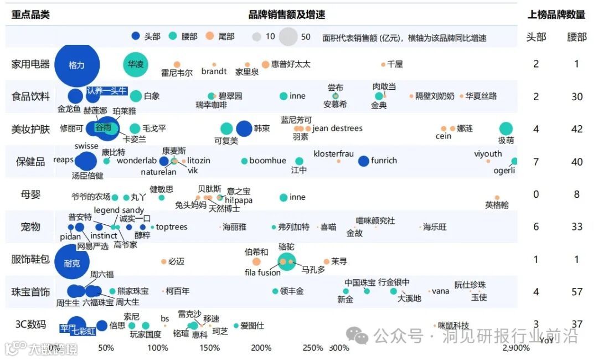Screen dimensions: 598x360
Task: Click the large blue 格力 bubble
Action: click(x=76, y=65)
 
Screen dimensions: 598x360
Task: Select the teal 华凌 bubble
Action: click(x=136, y=64)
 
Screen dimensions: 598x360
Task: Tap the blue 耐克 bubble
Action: click(x=71, y=263)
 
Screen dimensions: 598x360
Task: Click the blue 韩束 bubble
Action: click(x=244, y=128)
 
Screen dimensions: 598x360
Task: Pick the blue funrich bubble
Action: click(x=363, y=161)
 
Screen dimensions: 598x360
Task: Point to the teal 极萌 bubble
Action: click(x=506, y=128)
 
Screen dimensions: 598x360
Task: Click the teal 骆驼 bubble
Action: click(x=286, y=261)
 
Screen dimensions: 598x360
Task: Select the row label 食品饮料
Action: click(x=30, y=96)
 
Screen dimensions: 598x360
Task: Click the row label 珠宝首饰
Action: click(x=30, y=292)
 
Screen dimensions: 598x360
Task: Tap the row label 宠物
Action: click(x=30, y=227)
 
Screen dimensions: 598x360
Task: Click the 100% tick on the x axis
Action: click(x=158, y=348)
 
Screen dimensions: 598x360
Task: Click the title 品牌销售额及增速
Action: click(x=286, y=14)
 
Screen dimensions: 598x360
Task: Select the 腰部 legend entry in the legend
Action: click(x=183, y=37)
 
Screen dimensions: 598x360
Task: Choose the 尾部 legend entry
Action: click(x=220, y=37)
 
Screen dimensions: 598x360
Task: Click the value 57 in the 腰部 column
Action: click(x=577, y=292)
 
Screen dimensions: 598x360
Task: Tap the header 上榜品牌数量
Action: click(x=556, y=14)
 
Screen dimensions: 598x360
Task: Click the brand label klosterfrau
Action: click(x=333, y=153)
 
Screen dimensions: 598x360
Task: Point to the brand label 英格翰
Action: click(x=497, y=205)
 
